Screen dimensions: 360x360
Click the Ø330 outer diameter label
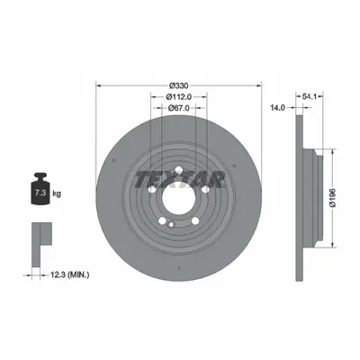(179, 85)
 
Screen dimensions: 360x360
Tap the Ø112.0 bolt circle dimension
(179, 97)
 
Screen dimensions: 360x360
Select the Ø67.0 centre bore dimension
(179, 108)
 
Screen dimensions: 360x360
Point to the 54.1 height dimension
(310, 96)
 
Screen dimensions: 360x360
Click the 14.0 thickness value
(277, 108)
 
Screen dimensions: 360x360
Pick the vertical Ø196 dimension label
(333, 198)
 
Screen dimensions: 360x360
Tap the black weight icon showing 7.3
(40, 189)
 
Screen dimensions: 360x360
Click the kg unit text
(57, 193)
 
